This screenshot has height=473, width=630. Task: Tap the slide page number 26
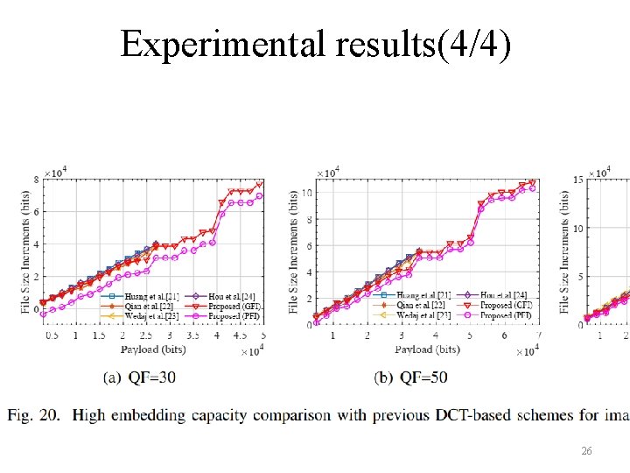(587, 450)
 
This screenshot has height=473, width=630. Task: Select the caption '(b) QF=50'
(410, 378)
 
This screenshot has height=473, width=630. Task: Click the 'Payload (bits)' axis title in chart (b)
(427, 349)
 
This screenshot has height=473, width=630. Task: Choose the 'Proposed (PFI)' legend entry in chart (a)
(233, 314)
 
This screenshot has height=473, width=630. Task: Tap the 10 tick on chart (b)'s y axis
(307, 193)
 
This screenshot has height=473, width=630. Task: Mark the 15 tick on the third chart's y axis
(578, 180)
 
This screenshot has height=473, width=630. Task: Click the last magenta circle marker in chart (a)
(259, 196)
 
